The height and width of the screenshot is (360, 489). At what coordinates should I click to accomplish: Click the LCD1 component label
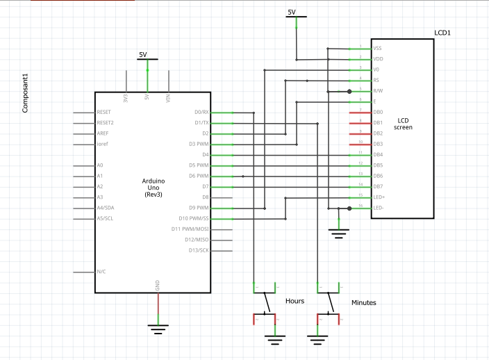[442, 32]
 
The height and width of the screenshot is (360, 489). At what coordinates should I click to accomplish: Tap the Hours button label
[295, 301]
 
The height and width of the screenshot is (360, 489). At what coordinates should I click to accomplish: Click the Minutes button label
[363, 303]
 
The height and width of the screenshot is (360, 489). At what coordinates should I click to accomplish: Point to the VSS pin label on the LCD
[377, 49]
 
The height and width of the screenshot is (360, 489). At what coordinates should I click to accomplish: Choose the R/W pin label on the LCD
[378, 91]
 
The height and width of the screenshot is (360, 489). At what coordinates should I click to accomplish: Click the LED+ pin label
[379, 197]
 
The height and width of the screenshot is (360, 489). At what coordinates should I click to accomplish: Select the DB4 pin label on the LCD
[378, 154]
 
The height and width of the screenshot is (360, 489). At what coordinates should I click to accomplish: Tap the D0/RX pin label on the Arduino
[201, 112]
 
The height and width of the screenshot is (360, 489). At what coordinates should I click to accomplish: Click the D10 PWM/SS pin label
[194, 218]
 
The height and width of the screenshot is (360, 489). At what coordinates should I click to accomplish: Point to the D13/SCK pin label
[197, 250]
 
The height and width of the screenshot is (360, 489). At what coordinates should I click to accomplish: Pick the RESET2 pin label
[105, 122]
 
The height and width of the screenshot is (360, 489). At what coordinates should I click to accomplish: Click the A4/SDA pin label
[106, 208]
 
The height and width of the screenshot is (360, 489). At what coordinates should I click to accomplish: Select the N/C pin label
[101, 271]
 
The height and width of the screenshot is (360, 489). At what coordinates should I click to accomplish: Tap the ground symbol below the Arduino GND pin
[158, 328]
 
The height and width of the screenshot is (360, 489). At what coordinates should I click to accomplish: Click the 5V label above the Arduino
[143, 54]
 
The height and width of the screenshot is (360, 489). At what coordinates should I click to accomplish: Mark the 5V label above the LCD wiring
[292, 12]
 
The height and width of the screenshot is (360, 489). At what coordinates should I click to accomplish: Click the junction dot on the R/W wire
[349, 91]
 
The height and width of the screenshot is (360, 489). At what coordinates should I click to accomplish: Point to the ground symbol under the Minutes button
[317, 339]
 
